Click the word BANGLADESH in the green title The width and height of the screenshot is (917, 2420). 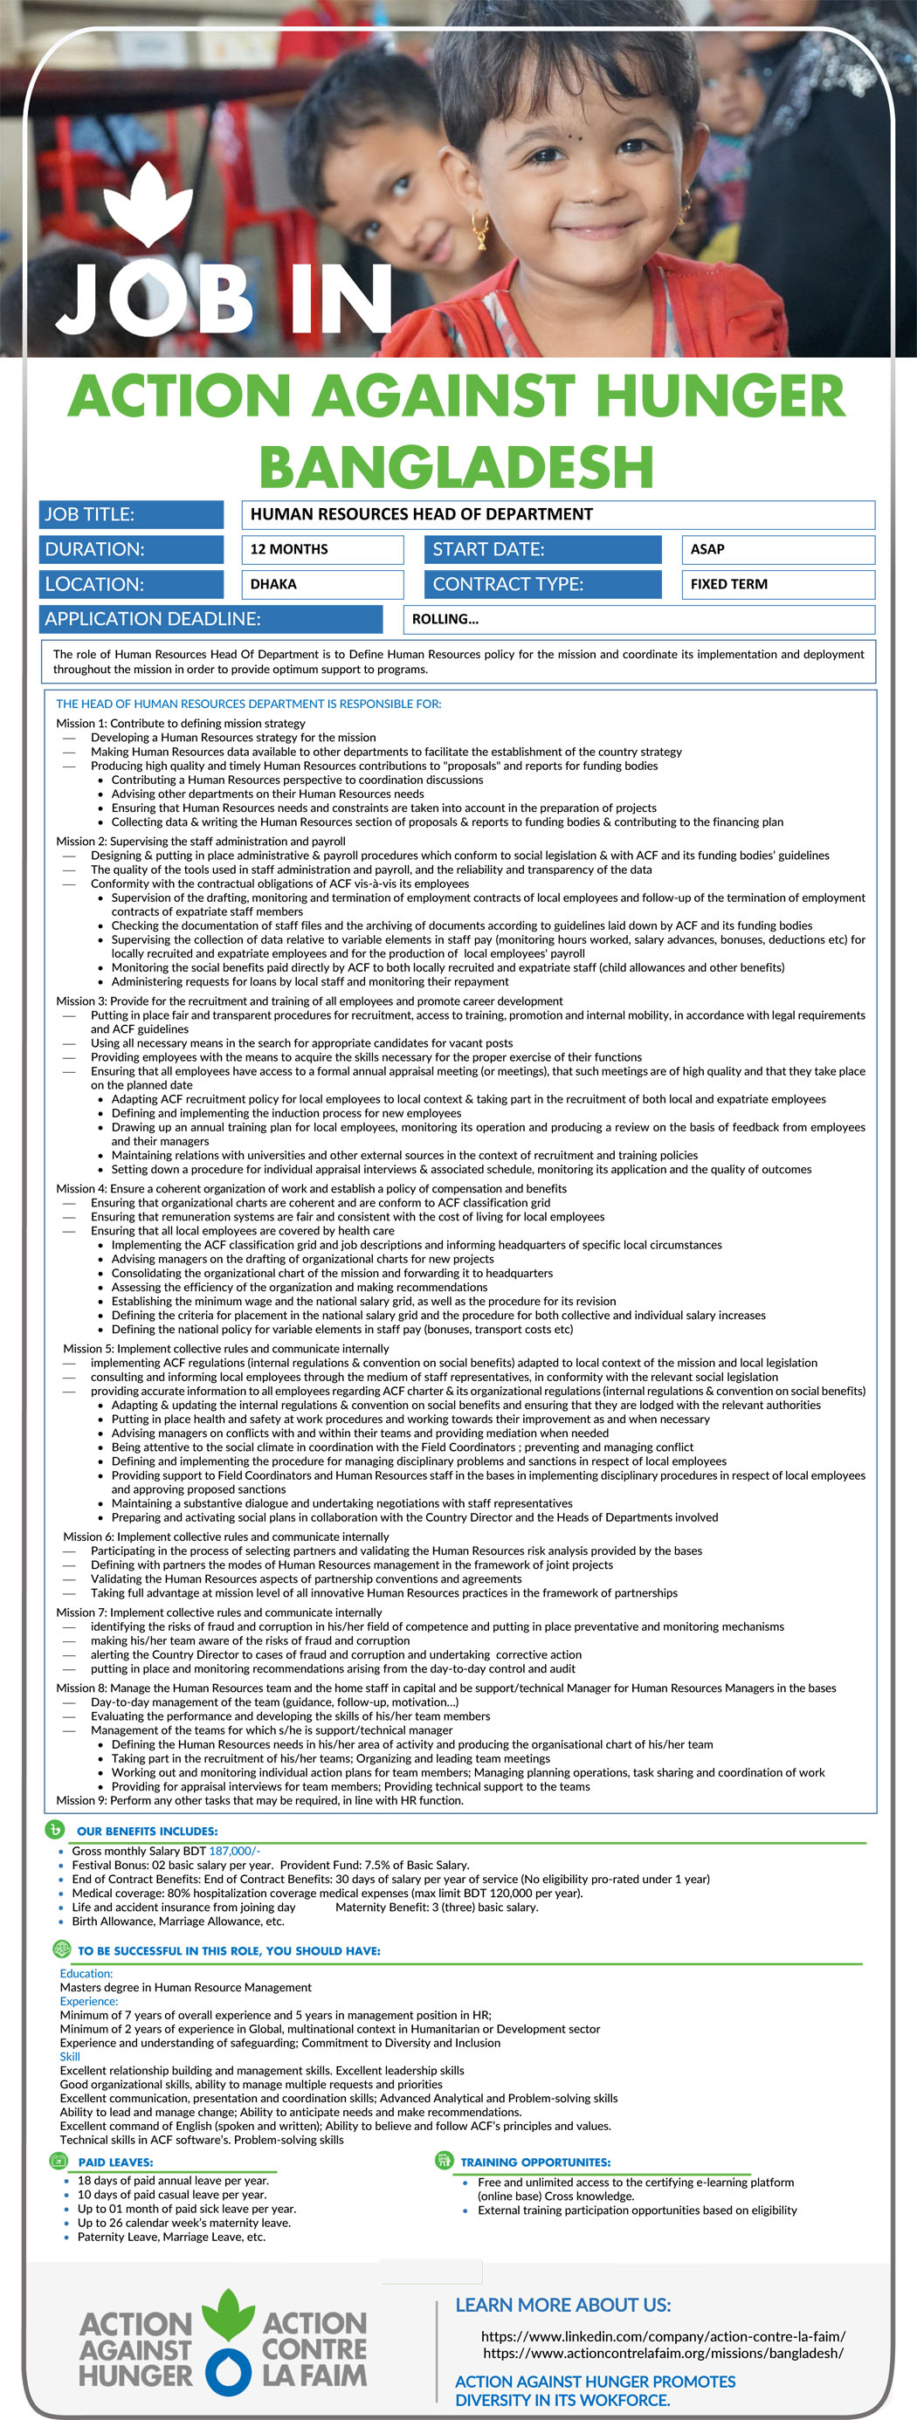point(457,467)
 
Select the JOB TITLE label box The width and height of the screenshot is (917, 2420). point(132,514)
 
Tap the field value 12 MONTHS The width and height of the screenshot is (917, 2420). point(289,548)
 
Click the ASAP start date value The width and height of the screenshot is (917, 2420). point(707,548)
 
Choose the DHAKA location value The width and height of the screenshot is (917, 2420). point(273,583)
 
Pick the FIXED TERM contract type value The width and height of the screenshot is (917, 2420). point(729,583)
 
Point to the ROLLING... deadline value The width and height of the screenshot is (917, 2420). point(445,618)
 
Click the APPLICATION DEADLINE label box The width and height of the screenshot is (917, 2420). point(210,618)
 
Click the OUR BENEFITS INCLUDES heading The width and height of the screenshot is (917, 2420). point(147,1830)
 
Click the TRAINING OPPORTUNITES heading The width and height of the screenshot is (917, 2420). point(535,2162)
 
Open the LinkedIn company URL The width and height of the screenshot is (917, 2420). point(662,2335)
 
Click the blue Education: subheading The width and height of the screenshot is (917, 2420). point(86,1973)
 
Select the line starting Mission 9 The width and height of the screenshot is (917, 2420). point(259,1800)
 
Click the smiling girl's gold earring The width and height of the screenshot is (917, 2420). point(481,228)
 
